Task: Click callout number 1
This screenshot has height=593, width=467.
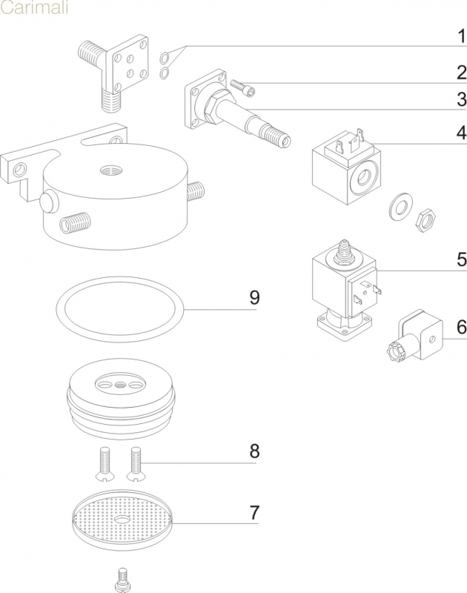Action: (460, 36)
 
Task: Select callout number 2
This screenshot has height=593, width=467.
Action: (460, 73)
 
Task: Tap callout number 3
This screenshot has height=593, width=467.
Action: (460, 99)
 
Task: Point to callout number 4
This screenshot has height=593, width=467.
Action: (460, 133)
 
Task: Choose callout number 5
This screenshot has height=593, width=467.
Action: (460, 260)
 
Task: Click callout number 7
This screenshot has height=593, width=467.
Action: (254, 512)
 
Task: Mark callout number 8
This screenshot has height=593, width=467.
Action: (254, 451)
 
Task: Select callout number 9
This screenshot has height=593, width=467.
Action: (254, 298)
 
